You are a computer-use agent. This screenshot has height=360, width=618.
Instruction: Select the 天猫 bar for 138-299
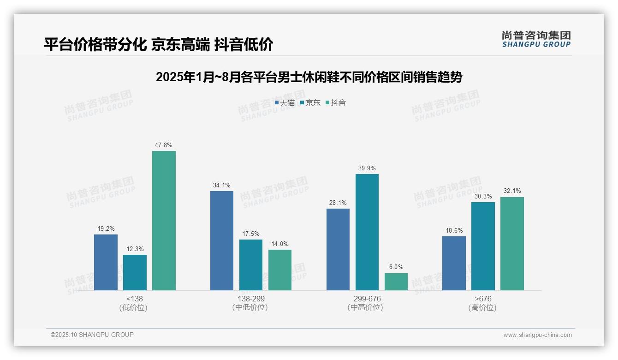222,240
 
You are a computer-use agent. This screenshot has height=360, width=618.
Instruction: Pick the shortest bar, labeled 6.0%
396,282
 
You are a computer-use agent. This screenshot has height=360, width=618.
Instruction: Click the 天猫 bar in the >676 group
454,263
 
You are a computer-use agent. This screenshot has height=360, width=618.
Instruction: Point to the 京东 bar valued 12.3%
135,272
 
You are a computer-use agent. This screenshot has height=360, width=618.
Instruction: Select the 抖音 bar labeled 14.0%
280,270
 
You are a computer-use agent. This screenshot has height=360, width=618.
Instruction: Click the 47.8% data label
164,145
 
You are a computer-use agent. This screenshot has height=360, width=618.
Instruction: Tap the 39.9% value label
367,168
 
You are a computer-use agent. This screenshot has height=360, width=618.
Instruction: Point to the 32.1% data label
512,191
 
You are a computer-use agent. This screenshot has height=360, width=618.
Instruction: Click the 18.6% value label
454,230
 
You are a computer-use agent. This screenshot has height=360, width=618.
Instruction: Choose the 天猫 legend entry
285,102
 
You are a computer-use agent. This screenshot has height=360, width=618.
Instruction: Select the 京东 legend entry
310,102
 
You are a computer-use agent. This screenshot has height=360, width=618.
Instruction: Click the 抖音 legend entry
336,102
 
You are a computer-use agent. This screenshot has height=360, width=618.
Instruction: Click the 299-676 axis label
367,299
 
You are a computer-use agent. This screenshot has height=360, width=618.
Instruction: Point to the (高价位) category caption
482,307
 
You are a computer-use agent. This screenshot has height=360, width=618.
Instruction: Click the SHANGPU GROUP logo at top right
536,39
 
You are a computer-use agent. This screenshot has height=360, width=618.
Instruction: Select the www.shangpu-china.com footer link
537,335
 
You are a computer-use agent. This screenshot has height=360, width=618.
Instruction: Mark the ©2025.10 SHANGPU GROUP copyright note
92,335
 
